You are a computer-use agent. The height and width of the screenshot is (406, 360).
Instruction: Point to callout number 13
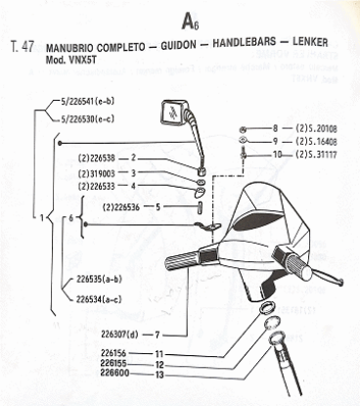(157, 374)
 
